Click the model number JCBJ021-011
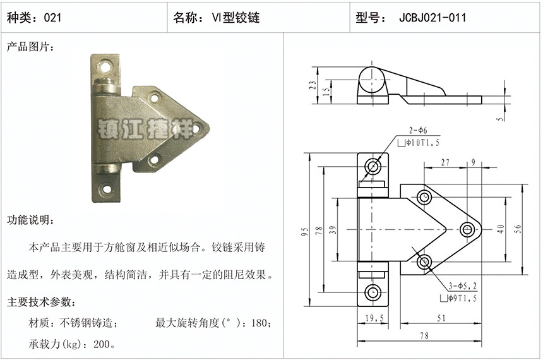click(433, 17)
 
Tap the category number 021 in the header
click(52, 17)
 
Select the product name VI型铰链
click(236, 17)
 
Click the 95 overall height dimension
click(305, 231)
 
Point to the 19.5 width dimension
click(374, 318)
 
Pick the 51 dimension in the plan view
click(441, 318)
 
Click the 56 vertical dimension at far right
click(518, 229)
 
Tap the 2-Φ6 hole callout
click(418, 130)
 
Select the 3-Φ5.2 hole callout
click(463, 286)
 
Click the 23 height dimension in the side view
click(313, 85)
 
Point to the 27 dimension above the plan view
click(445, 162)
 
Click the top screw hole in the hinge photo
click(105, 66)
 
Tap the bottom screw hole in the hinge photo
click(106, 189)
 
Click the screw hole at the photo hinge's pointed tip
click(196, 128)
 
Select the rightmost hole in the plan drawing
click(468, 229)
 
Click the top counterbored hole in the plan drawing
click(373, 167)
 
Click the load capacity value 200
click(102, 344)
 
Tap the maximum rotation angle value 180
click(260, 323)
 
